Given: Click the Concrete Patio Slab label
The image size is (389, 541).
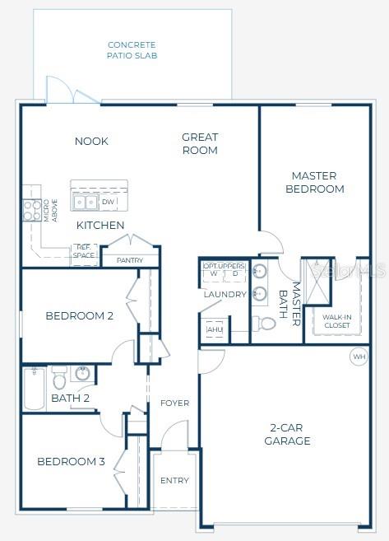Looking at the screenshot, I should coord(132,50).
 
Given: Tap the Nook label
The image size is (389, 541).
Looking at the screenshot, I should coord(91,142).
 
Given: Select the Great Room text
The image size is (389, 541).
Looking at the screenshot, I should coord(200,144).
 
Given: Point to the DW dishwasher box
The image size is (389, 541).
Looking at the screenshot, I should coord(108,202).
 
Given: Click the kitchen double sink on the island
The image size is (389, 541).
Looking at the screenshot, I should coord(86,202).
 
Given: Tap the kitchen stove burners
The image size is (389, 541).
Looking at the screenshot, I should coord(31,211).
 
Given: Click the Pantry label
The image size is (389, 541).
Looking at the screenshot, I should coord(130,260).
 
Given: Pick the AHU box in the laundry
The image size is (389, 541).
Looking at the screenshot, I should coord(214,329).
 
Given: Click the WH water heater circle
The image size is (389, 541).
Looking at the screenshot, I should coord(359,357).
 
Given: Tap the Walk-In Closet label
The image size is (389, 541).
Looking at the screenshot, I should coord(336,321).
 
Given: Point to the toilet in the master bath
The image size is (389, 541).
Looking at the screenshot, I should coord(264,322).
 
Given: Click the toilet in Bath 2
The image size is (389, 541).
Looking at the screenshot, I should coord(59,380).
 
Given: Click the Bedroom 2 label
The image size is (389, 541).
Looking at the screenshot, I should coord(79,316).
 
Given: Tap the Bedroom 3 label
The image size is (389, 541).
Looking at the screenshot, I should coord(71,461).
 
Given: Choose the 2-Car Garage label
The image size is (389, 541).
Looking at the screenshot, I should coord(287,434).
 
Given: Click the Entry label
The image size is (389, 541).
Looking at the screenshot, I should coord(174,480).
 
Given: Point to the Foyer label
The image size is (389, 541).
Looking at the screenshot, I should coord(174,403).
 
